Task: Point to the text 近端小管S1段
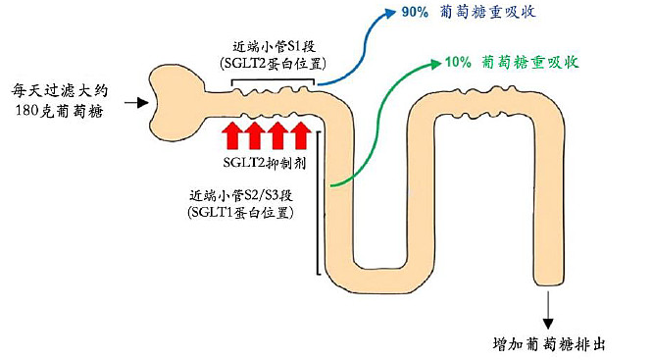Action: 272,45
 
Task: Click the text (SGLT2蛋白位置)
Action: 272,64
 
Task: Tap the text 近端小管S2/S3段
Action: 247,193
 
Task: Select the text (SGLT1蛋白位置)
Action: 247,211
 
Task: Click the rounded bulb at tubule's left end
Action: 176,97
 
